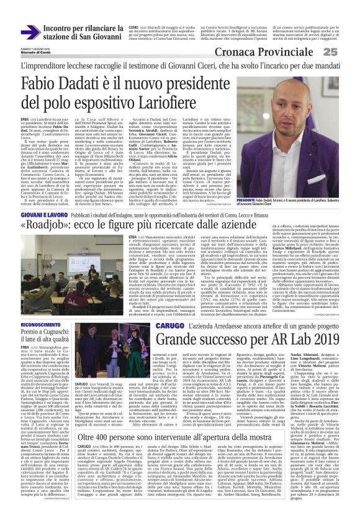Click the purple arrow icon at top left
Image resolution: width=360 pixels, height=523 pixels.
pos(30,32)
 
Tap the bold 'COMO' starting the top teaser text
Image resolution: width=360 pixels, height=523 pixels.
pos(133,28)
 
